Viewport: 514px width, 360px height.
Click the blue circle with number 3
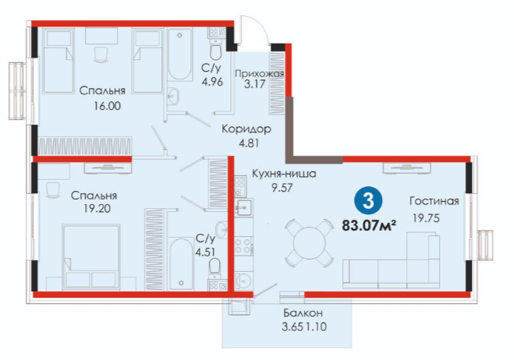[x=368, y=201]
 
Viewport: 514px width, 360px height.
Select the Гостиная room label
[x=434, y=201]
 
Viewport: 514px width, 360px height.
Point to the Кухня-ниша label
[x=284, y=174]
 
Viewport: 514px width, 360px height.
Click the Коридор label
[x=246, y=129]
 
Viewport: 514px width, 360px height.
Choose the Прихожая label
[x=259, y=73]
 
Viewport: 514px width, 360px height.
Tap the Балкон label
[x=303, y=312]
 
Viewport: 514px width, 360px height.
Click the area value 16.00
[x=107, y=106]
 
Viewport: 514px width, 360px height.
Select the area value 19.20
[x=97, y=208]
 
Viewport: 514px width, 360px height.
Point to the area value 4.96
[x=212, y=82]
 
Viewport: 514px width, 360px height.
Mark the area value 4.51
[x=205, y=252]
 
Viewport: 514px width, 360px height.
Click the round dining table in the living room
[x=309, y=243]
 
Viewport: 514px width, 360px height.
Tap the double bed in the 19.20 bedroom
[x=90, y=257]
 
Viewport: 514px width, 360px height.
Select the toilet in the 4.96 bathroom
[x=216, y=51]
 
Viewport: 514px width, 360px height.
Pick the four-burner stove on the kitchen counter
[x=242, y=245]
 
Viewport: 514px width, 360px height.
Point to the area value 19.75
[x=426, y=218]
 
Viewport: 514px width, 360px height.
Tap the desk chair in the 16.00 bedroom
[x=101, y=55]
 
